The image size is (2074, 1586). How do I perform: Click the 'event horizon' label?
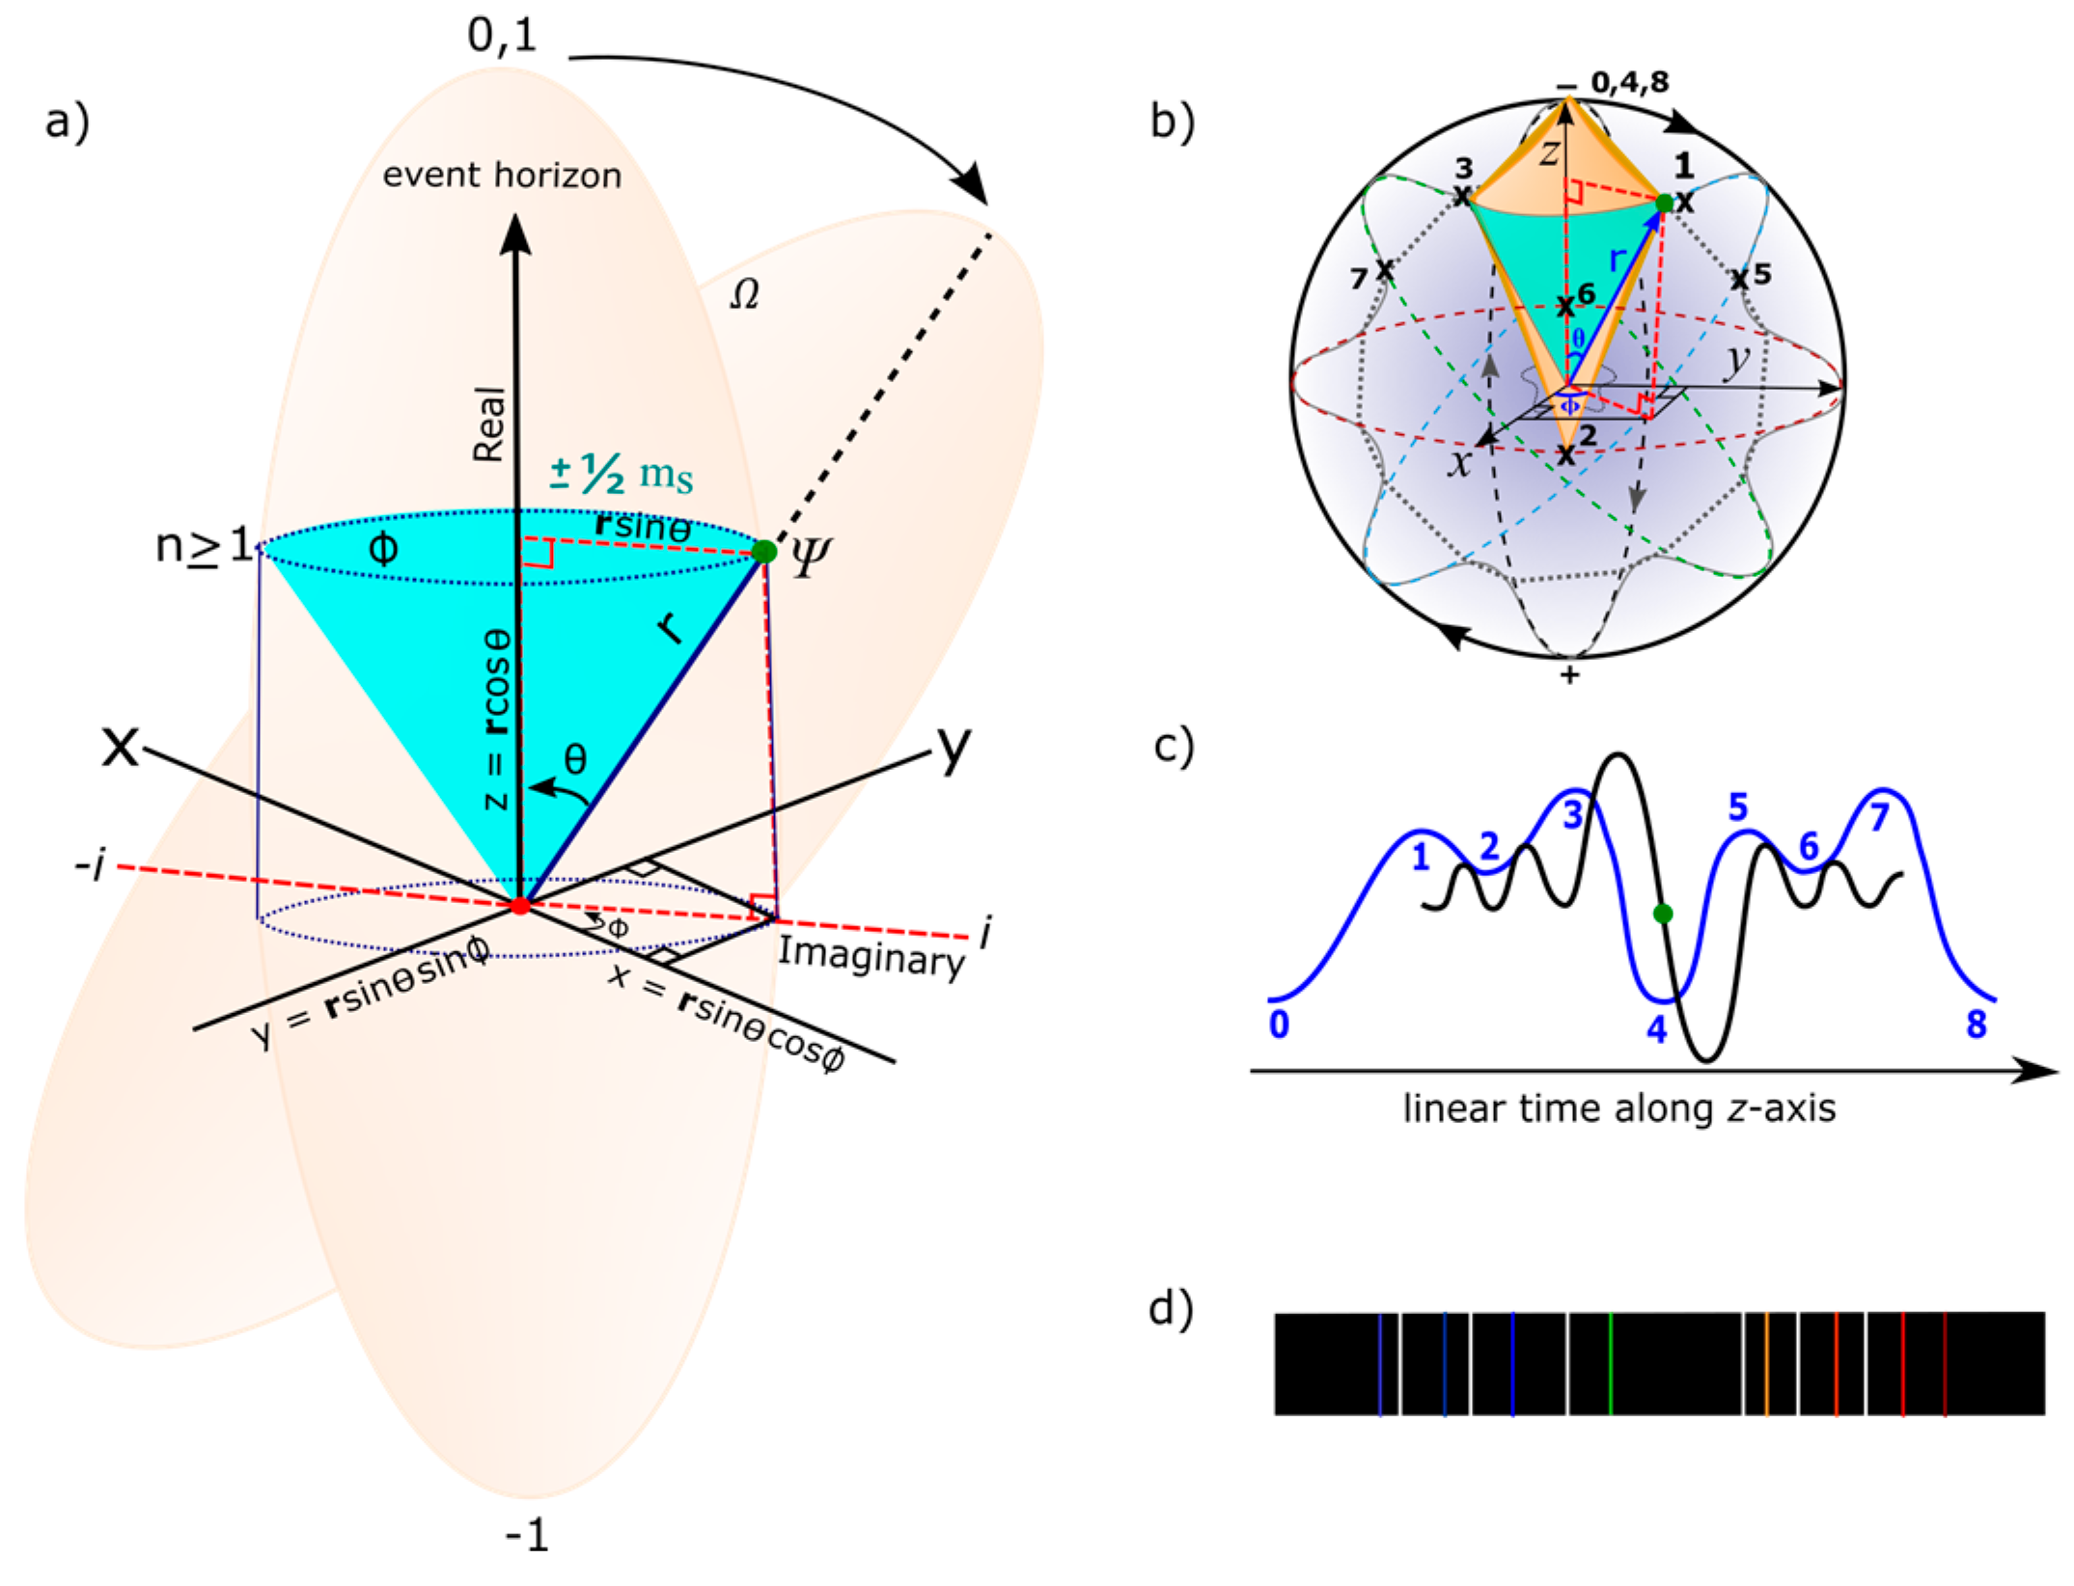tap(502, 176)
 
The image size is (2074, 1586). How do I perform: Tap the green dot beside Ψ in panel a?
tap(763, 552)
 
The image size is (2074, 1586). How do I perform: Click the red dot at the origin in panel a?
tap(520, 905)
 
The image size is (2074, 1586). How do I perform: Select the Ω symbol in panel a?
tap(744, 294)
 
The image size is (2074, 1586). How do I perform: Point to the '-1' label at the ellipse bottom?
tap(527, 1534)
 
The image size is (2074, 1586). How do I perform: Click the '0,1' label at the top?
tap(502, 36)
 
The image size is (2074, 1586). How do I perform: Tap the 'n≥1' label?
tap(204, 547)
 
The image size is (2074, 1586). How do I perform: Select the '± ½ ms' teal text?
tap(622, 474)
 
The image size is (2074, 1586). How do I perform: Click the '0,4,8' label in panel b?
tap(1629, 82)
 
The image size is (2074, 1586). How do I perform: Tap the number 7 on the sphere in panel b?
tap(1359, 279)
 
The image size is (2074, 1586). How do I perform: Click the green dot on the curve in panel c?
tap(1662, 913)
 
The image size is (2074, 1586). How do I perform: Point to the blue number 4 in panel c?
tap(1657, 1030)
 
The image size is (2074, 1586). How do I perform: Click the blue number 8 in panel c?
tap(1977, 1025)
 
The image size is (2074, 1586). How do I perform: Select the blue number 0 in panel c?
tap(1279, 1025)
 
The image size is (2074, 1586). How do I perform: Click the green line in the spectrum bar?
tap(1611, 1363)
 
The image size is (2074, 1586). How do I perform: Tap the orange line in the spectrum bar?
tap(1766, 1363)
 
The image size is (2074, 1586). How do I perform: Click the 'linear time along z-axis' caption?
tap(1618, 1108)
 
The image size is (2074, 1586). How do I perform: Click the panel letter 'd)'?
tap(1171, 1309)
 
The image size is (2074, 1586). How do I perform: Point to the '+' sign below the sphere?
tap(1569, 674)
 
